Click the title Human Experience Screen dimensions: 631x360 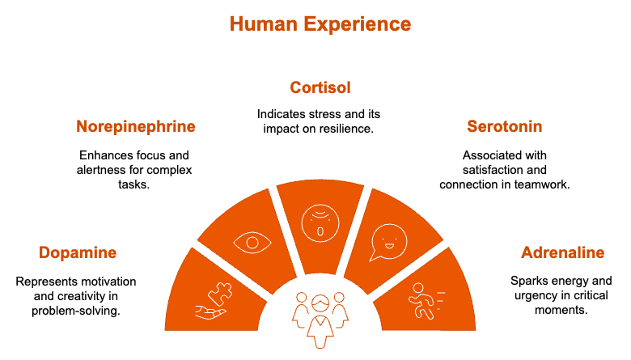tap(320, 23)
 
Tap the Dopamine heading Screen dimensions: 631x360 tap(77, 253)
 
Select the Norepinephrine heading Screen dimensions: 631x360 tap(135, 127)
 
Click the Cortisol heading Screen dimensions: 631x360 tap(320, 87)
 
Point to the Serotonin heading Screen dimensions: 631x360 tap(504, 127)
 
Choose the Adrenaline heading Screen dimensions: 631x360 tap(562, 253)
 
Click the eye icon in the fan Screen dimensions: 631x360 tap(252, 241)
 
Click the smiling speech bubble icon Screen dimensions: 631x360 tap(387, 242)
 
